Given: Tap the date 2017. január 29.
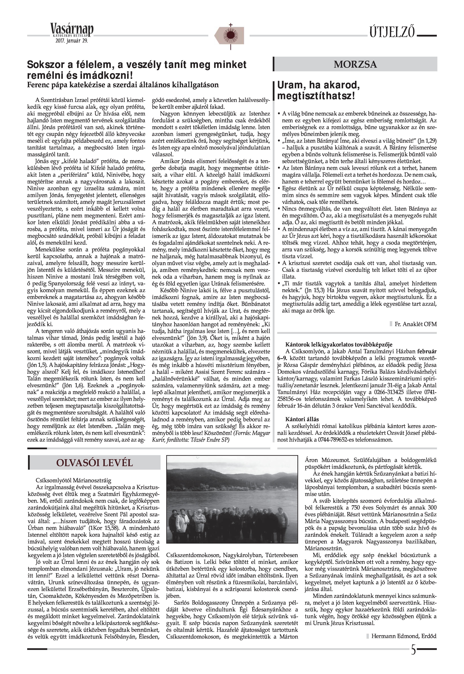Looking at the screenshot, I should click(72, 41).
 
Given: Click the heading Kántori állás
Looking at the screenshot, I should click(302, 419).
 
